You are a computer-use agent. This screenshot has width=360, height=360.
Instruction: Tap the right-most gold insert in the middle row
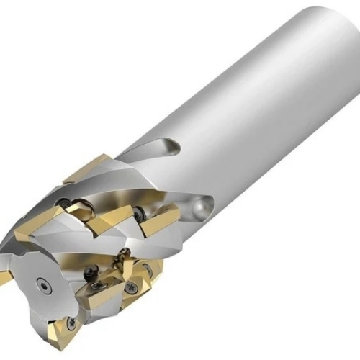pyautogui.click(x=159, y=217)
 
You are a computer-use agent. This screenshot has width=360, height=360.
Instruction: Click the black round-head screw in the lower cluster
pyautogui.click(x=92, y=272)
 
